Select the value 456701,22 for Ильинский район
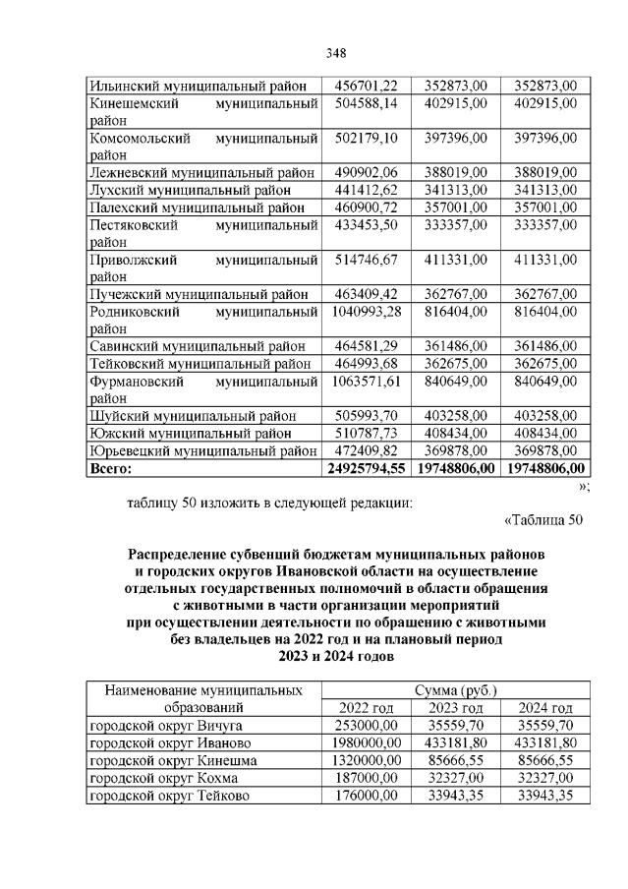coord(364,86)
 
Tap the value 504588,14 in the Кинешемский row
coord(364,103)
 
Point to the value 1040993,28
coord(364,312)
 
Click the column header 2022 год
coord(365,708)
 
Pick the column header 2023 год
coord(455,708)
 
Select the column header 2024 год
coord(543,708)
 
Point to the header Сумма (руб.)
coord(455,690)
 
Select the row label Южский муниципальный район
coord(189,433)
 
